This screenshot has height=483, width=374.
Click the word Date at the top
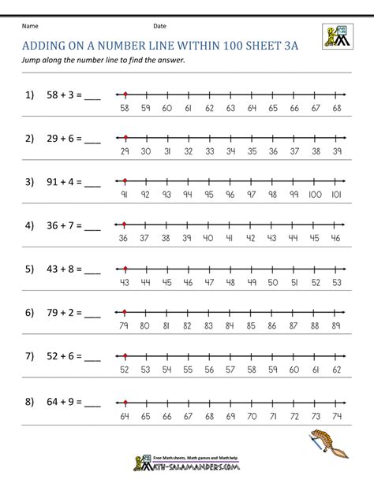(x=160, y=26)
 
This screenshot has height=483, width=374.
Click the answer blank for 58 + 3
(x=92, y=97)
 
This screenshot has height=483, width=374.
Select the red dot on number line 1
(x=126, y=93)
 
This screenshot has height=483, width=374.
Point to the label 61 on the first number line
(x=188, y=107)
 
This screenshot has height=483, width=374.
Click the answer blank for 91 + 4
(x=92, y=184)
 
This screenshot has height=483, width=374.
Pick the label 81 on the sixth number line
(x=166, y=325)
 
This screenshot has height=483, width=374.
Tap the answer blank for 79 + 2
(x=92, y=314)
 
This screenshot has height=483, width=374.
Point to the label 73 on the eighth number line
(x=316, y=411)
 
